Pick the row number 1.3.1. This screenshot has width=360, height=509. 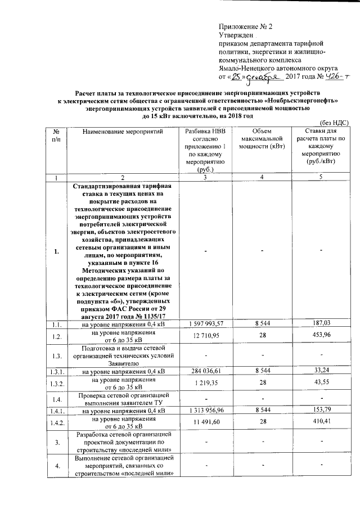(57, 372)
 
